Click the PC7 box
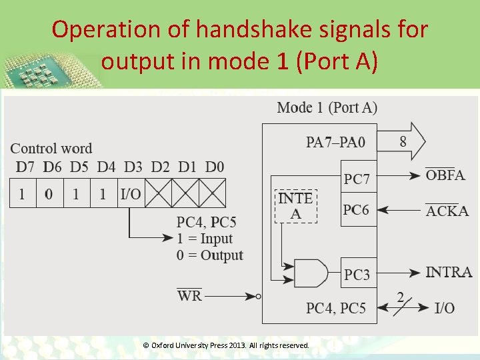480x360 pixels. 359,179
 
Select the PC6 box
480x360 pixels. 359,210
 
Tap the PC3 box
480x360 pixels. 359,273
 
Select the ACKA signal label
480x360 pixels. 447,211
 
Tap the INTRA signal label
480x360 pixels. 449,272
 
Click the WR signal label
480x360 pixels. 189,295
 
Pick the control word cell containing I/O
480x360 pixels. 131,194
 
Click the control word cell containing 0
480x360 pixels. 49,194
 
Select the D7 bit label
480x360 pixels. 22,166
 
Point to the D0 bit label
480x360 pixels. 214,166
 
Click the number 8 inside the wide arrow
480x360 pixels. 403,141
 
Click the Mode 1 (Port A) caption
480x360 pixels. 327,107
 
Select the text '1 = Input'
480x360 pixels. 205,239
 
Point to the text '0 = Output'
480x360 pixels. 210,255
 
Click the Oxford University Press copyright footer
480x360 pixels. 227,345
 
